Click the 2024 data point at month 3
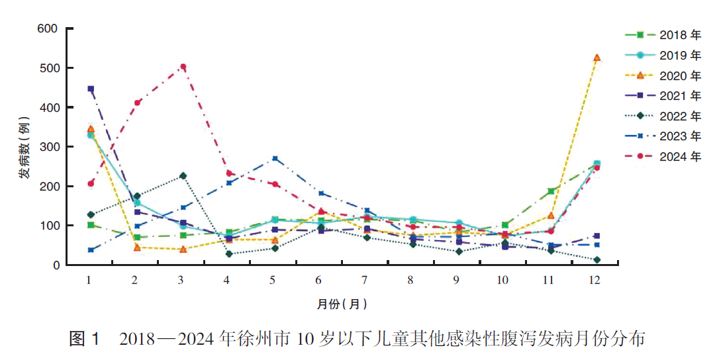[183, 67]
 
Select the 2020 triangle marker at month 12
[597, 58]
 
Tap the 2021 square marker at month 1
[91, 89]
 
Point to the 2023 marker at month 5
[275, 159]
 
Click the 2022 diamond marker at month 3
[183, 176]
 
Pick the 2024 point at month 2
[137, 103]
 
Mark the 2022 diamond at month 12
[597, 260]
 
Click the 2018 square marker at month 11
[551, 191]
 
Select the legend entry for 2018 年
[663, 34]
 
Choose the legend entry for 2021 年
[663, 95]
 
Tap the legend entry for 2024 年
[663, 157]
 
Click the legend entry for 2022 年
[663, 116]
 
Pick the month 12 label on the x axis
[595, 280]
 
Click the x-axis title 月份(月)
[342, 304]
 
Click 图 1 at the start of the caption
[85, 340]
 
